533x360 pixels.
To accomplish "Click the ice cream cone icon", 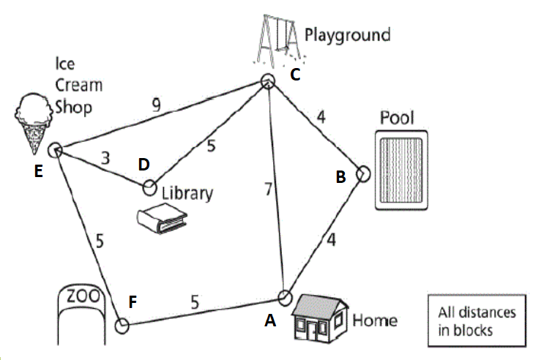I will (33, 121).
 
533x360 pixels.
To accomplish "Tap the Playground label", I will (347, 34).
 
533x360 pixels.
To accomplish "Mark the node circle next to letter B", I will (363, 174).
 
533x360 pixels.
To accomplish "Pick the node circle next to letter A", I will (284, 298).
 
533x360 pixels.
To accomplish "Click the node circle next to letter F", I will (122, 324).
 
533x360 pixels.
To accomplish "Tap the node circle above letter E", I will (54, 150).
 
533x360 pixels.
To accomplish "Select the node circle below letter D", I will (149, 188).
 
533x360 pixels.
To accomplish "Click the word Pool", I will (397, 118).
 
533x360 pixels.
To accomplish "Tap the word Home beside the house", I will (375, 320).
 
